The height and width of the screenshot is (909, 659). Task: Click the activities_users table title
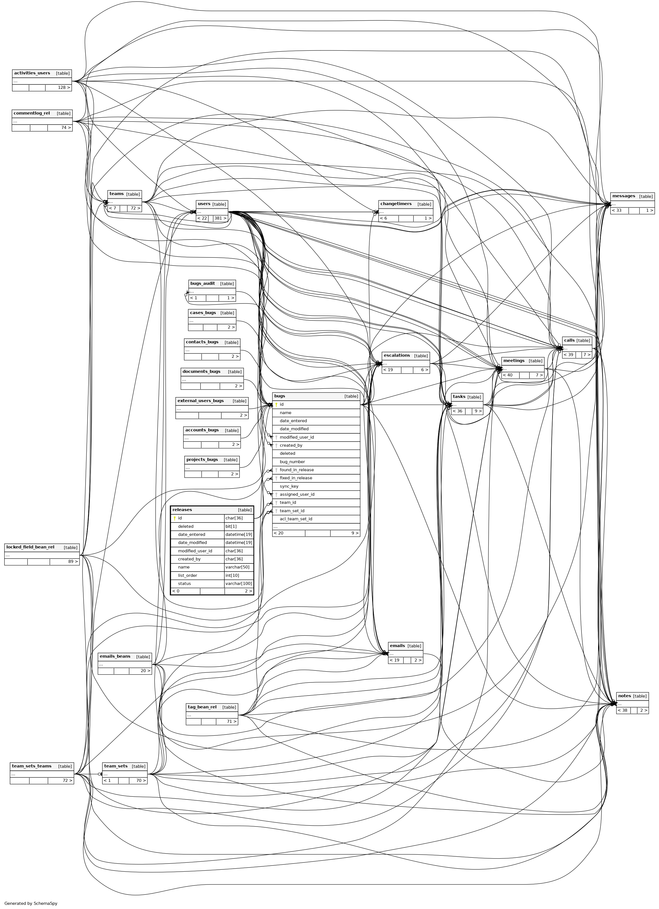[x=32, y=73]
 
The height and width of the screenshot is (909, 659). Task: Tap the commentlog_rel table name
[x=32, y=113]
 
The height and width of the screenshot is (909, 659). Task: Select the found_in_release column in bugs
[x=297, y=470]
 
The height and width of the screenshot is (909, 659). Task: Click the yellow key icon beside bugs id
[x=276, y=404]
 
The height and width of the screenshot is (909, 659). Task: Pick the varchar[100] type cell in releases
[x=239, y=584]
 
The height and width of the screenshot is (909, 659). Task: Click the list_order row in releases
[x=188, y=575]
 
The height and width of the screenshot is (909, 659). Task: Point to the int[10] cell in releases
[x=232, y=575]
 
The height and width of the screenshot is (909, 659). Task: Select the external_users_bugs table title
[x=200, y=401]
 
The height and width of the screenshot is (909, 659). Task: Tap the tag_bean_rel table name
[x=202, y=707]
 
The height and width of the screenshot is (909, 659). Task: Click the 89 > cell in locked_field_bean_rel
[x=64, y=562]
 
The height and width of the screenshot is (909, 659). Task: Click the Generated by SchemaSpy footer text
[x=31, y=903]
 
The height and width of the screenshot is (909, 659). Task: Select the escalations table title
[x=396, y=356]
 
